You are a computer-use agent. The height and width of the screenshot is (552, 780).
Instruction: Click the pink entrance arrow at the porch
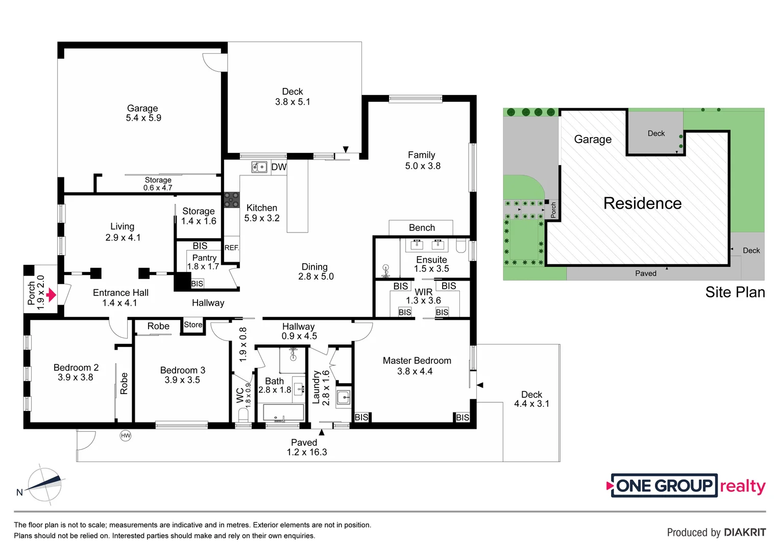[x=51, y=295]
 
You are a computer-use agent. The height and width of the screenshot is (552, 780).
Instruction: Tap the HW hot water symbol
[x=126, y=435]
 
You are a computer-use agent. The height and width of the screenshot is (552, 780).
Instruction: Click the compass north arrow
[x=44, y=483]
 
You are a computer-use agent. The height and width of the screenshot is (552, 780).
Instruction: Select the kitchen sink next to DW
[x=260, y=167]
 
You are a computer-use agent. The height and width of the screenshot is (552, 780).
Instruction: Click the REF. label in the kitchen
[x=232, y=247]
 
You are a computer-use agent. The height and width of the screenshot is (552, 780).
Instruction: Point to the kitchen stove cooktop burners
[x=231, y=200]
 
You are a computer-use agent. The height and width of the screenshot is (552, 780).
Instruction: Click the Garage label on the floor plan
[x=142, y=108]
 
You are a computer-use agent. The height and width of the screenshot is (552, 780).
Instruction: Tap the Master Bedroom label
[x=417, y=361]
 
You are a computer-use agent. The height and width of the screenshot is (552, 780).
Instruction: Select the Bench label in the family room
[x=422, y=228]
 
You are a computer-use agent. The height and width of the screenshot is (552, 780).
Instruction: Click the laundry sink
[x=344, y=397]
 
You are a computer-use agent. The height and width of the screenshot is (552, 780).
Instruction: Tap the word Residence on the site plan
[x=642, y=203]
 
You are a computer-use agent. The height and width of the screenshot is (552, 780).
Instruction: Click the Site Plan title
[x=735, y=292]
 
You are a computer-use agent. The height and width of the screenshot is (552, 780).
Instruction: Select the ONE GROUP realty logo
[x=686, y=486]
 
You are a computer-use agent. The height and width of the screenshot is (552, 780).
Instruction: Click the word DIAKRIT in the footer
[x=745, y=533]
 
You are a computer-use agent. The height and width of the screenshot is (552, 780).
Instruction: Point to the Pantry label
[x=204, y=258]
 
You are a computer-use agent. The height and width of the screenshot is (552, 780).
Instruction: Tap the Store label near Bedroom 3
[x=193, y=325]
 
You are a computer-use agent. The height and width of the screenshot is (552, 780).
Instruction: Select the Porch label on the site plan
[x=553, y=210]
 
